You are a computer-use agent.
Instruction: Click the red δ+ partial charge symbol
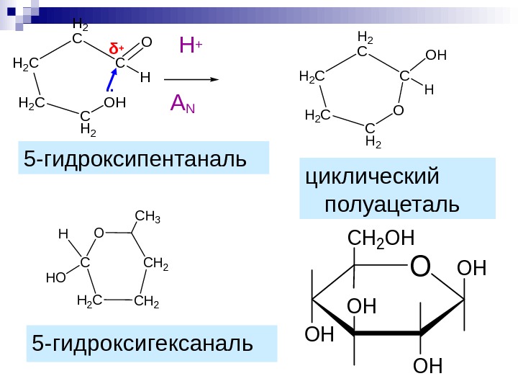pyautogui.click(x=116, y=48)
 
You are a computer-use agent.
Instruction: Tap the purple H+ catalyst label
pyautogui.click(x=190, y=48)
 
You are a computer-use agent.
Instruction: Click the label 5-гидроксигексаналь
pyautogui.click(x=142, y=344)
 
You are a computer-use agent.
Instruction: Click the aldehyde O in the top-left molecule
pyautogui.click(x=146, y=45)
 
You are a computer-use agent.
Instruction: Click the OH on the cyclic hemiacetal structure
pyautogui.click(x=436, y=55)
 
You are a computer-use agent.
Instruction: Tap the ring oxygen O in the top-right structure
pyautogui.click(x=398, y=110)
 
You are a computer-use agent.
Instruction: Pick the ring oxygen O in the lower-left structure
pyautogui.click(x=99, y=233)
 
